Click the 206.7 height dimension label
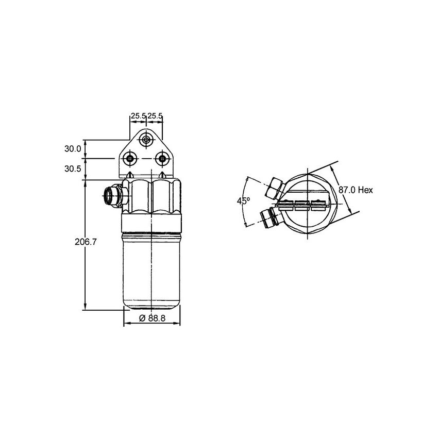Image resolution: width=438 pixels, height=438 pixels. tap(86, 242)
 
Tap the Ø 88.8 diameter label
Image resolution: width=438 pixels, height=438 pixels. tap(152, 318)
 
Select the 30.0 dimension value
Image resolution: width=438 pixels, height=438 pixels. tap(73, 149)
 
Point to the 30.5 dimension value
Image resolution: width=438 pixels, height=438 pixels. tap(73, 169)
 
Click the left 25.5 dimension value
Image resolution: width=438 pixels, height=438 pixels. tap(138, 115)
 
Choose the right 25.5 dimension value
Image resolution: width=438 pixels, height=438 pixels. tap(155, 115)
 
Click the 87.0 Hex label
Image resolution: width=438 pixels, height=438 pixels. tap(356, 190)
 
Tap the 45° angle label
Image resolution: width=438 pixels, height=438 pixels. tap(243, 201)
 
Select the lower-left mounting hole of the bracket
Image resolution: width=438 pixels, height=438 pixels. tap(130, 158)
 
